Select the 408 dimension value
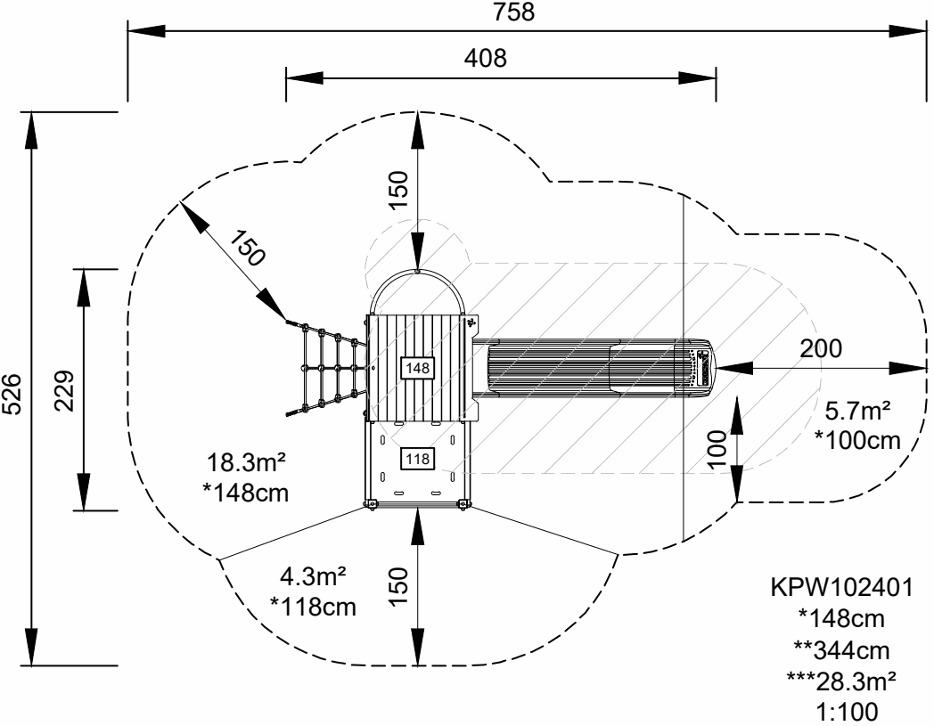486,59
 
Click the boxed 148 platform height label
417,366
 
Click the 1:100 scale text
840,713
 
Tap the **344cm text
840,650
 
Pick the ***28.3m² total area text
840,681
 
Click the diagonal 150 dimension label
245,249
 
